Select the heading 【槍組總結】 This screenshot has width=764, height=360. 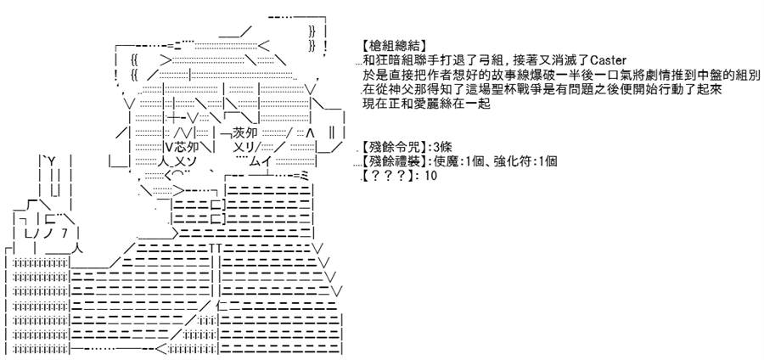click(393, 46)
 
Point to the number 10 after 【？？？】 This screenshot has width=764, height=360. click(431, 176)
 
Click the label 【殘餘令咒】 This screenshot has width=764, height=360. click(393, 147)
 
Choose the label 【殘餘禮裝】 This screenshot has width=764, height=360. click(393, 161)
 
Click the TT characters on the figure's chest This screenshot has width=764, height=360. click(216, 248)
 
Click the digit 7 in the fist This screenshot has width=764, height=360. click(65, 233)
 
